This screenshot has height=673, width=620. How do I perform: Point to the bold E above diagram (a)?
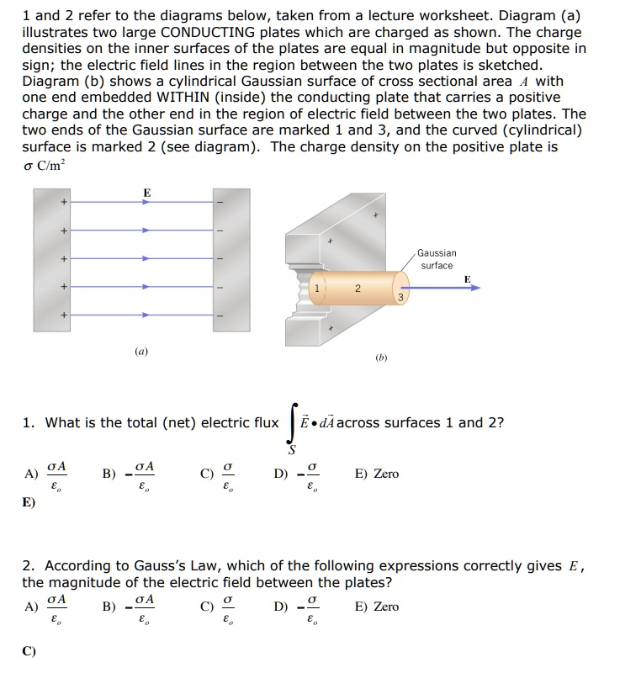point(147,193)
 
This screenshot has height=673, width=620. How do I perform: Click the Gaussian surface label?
point(437,258)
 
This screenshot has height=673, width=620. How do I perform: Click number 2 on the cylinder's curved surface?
point(357,289)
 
